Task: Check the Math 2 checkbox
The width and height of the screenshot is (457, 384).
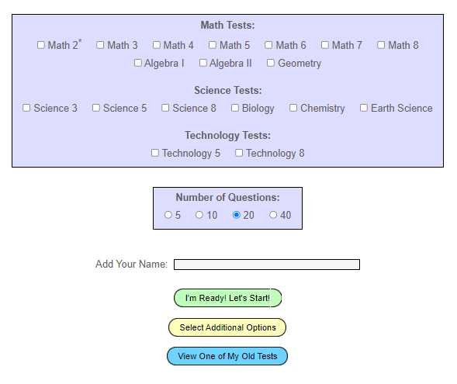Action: [x=41, y=45]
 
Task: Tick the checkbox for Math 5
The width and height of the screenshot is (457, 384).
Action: [x=213, y=45]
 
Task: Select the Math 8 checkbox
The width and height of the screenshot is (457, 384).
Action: [x=381, y=45]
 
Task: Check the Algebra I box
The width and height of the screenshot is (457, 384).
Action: [x=138, y=63]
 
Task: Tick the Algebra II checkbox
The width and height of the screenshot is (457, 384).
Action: [x=203, y=63]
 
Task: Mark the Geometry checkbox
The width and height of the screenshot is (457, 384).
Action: [x=271, y=63]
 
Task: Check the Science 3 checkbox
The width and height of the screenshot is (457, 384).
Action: [x=26, y=108]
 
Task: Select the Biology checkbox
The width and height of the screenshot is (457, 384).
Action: [x=235, y=108]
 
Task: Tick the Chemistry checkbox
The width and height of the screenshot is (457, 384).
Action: [x=293, y=108]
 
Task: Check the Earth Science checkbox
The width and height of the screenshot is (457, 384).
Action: [x=364, y=108]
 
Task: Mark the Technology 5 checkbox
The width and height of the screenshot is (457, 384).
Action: [x=155, y=153]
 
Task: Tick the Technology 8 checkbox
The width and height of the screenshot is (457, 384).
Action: [x=239, y=153]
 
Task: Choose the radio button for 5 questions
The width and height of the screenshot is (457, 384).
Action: [x=168, y=215]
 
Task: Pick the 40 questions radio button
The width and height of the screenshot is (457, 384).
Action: [x=273, y=215]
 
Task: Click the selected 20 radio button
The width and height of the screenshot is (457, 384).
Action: [x=237, y=215]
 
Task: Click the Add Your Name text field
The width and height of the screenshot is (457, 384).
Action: [x=267, y=265]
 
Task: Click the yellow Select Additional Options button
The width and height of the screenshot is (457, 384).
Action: [x=227, y=327]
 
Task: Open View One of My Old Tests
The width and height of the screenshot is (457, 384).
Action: [x=227, y=356]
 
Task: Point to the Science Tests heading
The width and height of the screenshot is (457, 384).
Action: [x=228, y=90]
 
